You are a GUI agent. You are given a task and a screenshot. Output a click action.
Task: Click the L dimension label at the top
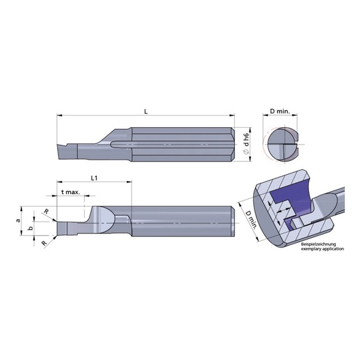click(x=145, y=111)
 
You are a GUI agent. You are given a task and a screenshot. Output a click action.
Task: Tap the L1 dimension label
click(x=94, y=178)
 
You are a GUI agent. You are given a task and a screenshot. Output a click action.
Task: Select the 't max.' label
click(x=71, y=192)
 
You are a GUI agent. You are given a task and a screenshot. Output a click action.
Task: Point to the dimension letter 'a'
click(x=19, y=220)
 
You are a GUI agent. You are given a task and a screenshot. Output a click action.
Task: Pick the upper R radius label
click(x=46, y=212)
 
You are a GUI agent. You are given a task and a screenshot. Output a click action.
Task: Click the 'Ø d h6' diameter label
click(x=246, y=145)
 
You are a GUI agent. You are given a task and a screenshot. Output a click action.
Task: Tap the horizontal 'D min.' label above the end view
click(x=280, y=111)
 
